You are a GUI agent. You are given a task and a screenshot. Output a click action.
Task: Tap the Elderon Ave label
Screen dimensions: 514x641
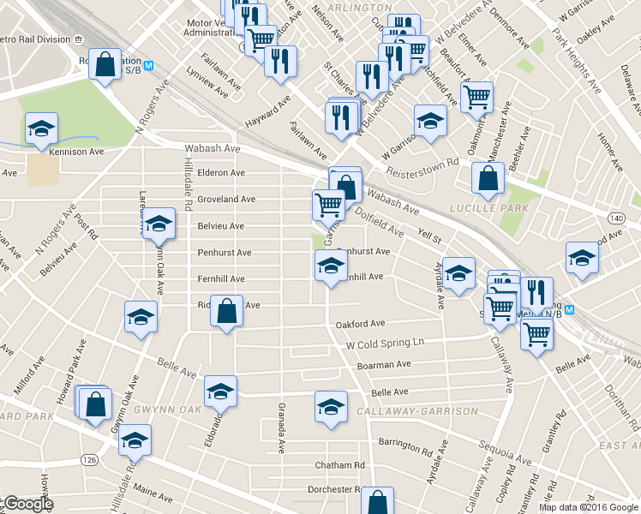click(x=221, y=173)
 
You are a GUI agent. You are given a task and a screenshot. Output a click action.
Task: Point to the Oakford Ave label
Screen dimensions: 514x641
click(x=361, y=325)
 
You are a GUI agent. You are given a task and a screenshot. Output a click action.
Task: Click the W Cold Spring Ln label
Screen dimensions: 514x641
click(x=385, y=344)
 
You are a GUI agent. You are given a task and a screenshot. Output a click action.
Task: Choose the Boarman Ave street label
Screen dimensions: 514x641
click(x=385, y=365)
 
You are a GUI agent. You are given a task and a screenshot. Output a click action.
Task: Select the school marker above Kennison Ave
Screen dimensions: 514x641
click(x=41, y=129)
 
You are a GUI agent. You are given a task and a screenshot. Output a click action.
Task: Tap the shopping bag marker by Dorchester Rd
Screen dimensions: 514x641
click(x=377, y=502)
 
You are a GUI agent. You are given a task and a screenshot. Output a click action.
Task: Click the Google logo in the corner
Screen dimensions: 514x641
click(x=27, y=504)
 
